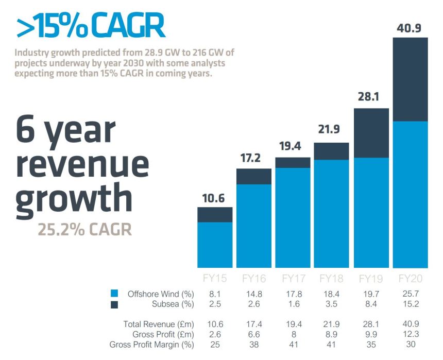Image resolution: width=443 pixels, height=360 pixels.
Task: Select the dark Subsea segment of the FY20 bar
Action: click(410, 79)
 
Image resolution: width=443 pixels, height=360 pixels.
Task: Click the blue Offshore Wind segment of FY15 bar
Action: click(215, 245)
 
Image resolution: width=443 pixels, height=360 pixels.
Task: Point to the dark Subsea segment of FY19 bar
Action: click(371, 133)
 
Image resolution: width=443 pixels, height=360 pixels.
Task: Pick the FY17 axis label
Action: click(293, 279)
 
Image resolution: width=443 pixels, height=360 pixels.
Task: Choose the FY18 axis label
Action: click(332, 279)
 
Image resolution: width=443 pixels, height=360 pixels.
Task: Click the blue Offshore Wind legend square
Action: click(114, 294)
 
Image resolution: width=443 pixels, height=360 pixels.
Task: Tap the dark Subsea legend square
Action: click(114, 304)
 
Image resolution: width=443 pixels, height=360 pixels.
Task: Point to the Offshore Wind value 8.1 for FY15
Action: click(215, 294)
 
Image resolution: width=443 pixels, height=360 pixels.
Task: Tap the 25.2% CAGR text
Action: click(84, 229)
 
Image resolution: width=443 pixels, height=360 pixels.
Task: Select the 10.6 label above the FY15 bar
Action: click(215, 198)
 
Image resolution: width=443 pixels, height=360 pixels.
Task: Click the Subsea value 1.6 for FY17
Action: click(293, 304)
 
